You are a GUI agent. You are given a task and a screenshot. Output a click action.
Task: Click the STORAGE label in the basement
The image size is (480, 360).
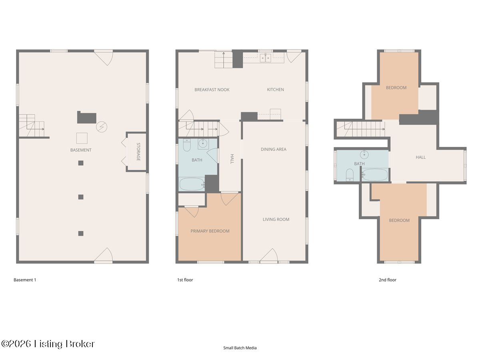pyautogui.click(x=138, y=152)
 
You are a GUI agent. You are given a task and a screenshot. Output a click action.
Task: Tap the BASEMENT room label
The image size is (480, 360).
pyautogui.click(x=81, y=150)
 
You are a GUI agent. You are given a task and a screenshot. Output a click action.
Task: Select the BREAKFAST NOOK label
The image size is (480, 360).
pyautogui.click(x=212, y=90)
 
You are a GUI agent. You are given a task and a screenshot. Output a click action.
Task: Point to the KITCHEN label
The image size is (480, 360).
pyautogui.click(x=275, y=89)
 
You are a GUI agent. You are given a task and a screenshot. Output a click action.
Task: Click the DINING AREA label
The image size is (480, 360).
pyautogui.click(x=273, y=149)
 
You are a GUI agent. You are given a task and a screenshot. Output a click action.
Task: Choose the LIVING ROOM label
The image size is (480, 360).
pyautogui.click(x=276, y=219)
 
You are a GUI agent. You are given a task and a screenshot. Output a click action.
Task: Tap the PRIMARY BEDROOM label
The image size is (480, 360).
pyautogui.click(x=210, y=231)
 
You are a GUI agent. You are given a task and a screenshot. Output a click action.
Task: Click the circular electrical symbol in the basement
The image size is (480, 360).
pyautogui.click(x=102, y=127)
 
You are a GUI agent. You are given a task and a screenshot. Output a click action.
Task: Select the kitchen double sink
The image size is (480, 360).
pyautogui.click(x=266, y=58)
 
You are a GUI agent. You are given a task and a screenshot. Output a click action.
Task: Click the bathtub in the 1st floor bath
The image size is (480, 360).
pyautogui.click(x=192, y=184)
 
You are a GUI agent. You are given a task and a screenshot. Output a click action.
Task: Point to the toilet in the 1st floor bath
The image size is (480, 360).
pyautogui.click(x=186, y=145)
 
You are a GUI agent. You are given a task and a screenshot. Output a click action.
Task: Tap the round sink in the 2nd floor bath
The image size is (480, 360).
pyautogui.click(x=364, y=154)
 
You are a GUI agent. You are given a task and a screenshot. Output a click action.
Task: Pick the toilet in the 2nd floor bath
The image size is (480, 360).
pyautogui.click(x=350, y=175)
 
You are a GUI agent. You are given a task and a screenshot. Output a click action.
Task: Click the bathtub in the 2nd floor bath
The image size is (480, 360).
pyautogui.click(x=375, y=175)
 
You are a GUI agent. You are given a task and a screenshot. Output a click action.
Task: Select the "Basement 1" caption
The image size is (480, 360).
pyautogui.click(x=25, y=280)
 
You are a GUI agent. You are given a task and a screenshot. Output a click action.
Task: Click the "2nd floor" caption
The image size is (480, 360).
pyautogui.click(x=388, y=280)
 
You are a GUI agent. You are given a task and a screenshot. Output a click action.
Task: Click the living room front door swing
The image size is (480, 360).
pyautogui.click(x=269, y=254)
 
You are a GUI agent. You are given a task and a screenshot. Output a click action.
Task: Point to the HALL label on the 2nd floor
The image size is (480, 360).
pyautogui.click(x=420, y=157)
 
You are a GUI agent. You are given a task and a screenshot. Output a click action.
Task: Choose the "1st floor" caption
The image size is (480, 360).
pyautogui.click(x=185, y=280)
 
